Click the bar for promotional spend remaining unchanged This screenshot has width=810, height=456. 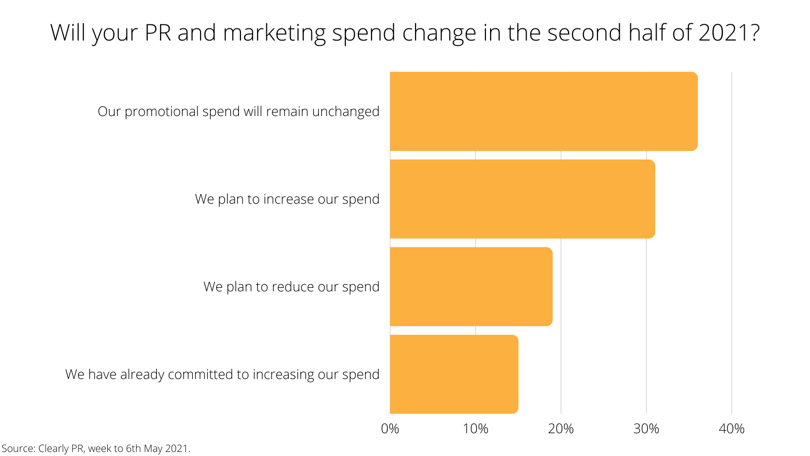click(x=544, y=111)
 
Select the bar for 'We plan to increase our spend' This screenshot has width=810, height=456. click(x=522, y=199)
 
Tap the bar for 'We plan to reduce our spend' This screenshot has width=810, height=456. click(x=471, y=287)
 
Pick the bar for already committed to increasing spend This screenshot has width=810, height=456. click(x=454, y=374)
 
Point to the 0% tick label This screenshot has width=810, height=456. click(x=390, y=429)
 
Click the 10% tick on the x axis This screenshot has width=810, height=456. click(x=475, y=429)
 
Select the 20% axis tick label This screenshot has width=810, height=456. click(x=561, y=429)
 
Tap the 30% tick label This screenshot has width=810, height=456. click(x=646, y=429)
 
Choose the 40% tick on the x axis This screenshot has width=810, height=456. click(x=732, y=429)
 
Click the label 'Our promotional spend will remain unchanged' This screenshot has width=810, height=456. click(x=238, y=111)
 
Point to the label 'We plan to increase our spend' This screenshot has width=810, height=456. click(x=287, y=199)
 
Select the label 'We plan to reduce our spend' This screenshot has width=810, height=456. click(x=291, y=287)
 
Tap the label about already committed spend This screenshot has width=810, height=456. click(x=222, y=374)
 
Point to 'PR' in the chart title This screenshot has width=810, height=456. click(x=158, y=33)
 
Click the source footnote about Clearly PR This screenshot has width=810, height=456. click(x=96, y=448)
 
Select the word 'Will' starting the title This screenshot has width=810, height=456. click(x=68, y=33)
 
